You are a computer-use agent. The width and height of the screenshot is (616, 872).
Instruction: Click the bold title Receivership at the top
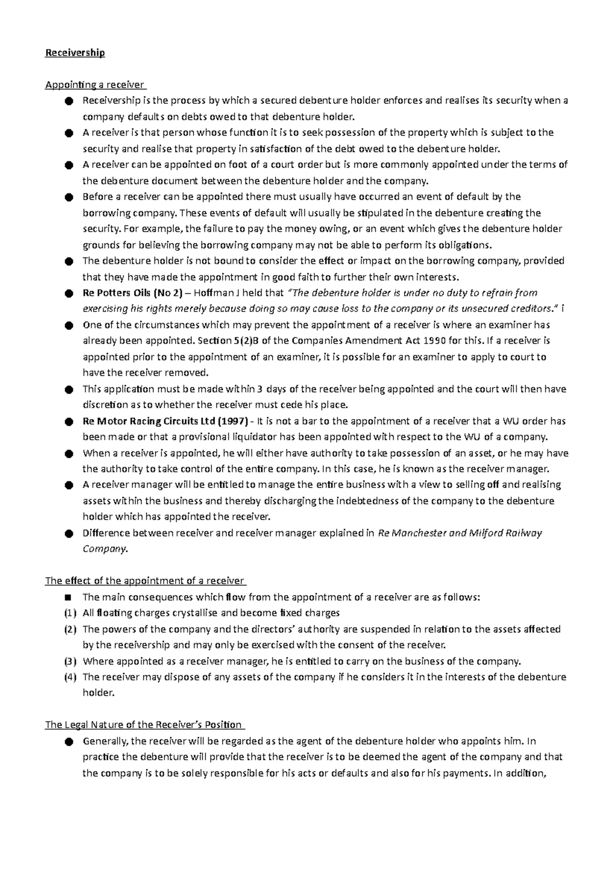(x=75, y=53)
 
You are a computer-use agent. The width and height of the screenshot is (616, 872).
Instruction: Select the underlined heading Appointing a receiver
(x=95, y=85)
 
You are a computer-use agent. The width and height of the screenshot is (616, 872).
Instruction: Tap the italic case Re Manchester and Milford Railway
(x=459, y=533)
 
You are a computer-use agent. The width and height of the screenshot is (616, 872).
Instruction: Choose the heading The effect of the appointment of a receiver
(x=145, y=581)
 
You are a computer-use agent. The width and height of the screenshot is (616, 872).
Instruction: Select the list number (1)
(x=70, y=613)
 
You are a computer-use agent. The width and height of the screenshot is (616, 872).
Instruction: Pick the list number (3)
(x=70, y=661)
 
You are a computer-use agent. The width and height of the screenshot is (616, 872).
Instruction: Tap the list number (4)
(x=70, y=677)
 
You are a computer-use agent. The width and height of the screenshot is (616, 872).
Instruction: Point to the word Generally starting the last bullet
(x=105, y=742)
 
